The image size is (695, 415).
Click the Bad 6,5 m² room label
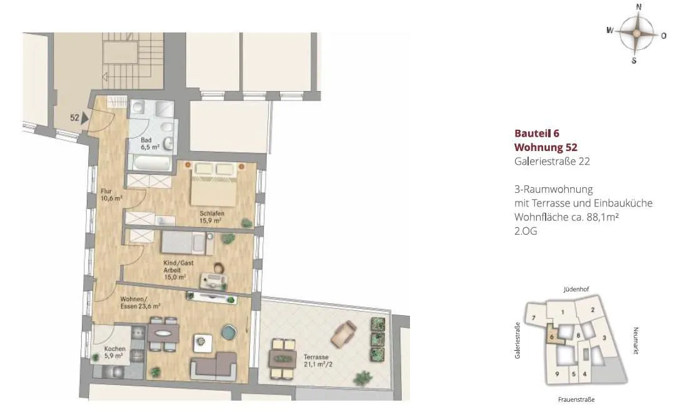tap(150, 144)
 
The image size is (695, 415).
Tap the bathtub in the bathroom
tap(151, 163)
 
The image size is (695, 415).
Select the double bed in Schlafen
tap(214, 183)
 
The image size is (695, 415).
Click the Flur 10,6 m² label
tap(111, 195)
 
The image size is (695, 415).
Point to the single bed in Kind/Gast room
tap(187, 243)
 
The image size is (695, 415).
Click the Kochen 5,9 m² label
tap(114, 352)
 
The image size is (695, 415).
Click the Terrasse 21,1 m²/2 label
tap(317, 361)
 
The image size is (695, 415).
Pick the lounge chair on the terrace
tap(344, 333)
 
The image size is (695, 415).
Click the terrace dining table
tap(283, 358)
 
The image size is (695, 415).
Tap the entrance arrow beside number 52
tap(85, 118)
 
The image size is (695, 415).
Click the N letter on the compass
tap(639, 7)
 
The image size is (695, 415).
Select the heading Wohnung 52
tap(546, 147)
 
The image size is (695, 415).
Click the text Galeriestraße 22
tap(552, 162)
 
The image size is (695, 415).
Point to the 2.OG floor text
tap(526, 231)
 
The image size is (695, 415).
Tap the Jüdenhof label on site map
tap(576, 290)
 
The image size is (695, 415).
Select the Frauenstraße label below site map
tap(576, 399)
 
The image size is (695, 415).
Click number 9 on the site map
tap(557, 374)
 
